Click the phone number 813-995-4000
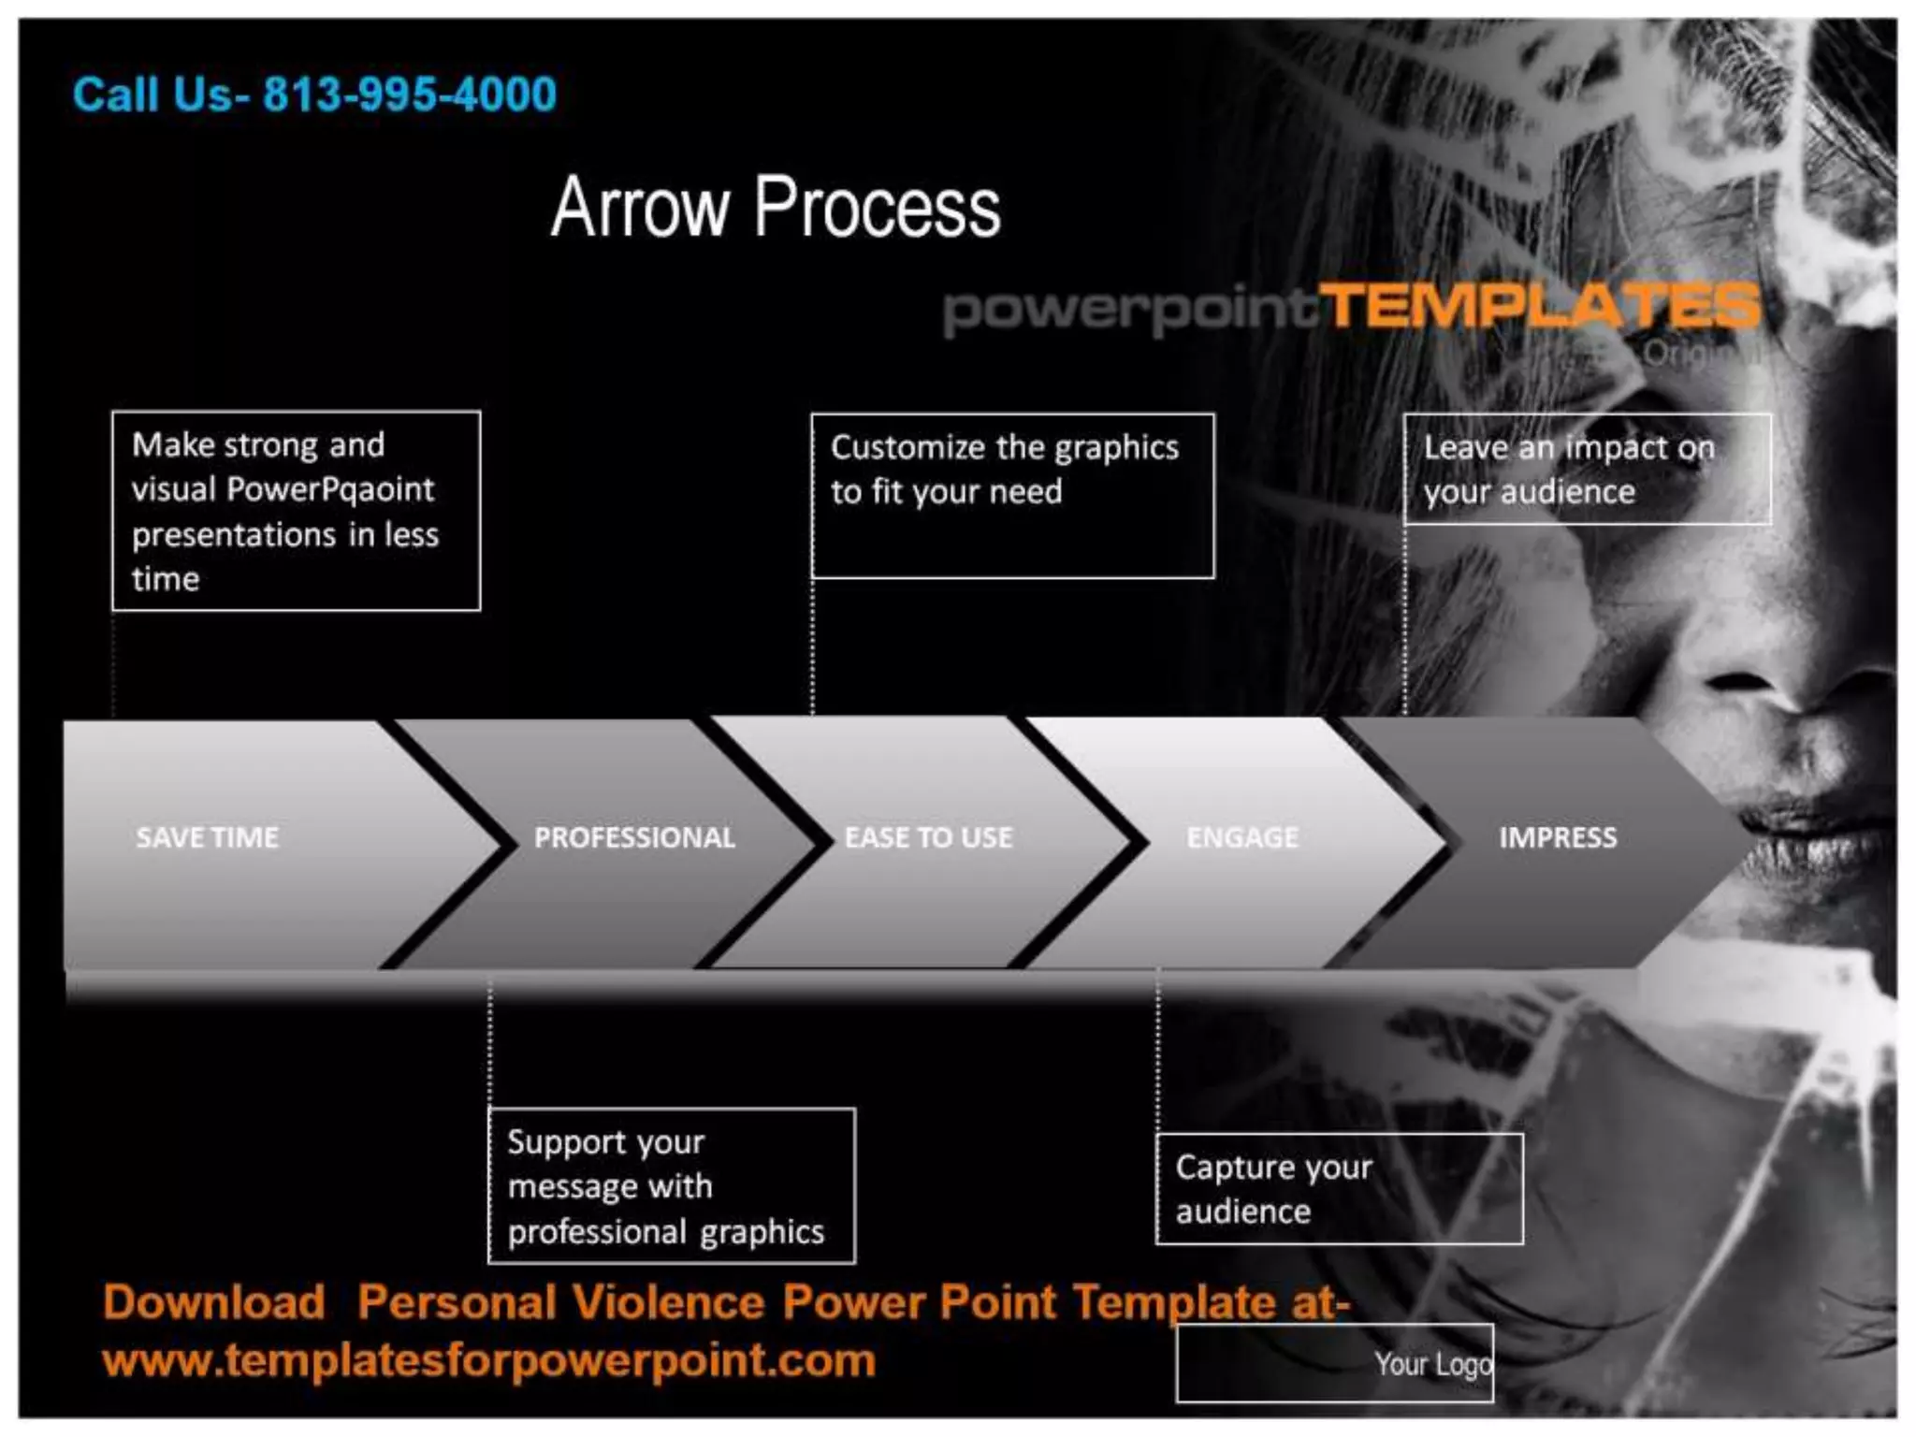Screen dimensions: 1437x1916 point(409,94)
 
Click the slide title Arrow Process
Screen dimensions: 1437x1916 point(776,207)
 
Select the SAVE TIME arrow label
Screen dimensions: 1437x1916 point(207,836)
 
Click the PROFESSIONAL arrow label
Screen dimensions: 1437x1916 point(634,836)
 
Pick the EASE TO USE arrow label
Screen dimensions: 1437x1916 point(928,836)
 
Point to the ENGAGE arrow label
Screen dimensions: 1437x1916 point(1242,836)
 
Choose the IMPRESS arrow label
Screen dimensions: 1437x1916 point(1558,836)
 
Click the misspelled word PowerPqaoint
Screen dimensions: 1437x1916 point(330,489)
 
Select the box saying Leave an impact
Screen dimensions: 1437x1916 point(1587,469)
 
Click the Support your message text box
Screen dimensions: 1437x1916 point(671,1185)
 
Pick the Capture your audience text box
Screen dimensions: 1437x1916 point(1339,1189)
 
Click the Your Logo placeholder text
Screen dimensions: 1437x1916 point(1432,1364)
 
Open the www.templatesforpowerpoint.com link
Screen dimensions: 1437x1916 point(489,1359)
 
